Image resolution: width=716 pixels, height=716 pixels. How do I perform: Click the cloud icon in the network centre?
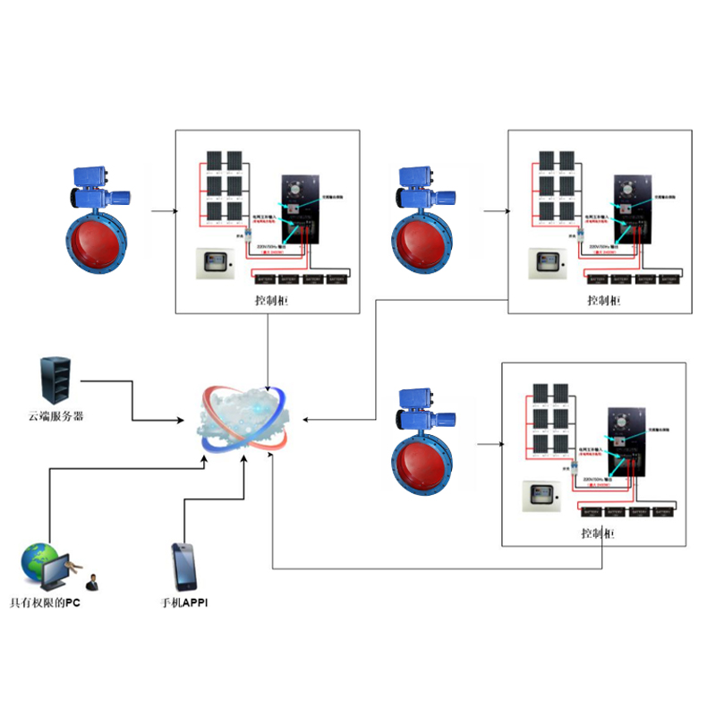(246, 422)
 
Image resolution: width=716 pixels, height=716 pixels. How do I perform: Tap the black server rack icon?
(55, 380)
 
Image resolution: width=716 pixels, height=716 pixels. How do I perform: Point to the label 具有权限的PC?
(45, 604)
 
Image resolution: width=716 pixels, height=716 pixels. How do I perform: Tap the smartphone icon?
(185, 564)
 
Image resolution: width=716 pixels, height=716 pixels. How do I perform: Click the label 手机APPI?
(184, 604)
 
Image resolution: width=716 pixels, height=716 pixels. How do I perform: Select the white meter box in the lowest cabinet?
(541, 496)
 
